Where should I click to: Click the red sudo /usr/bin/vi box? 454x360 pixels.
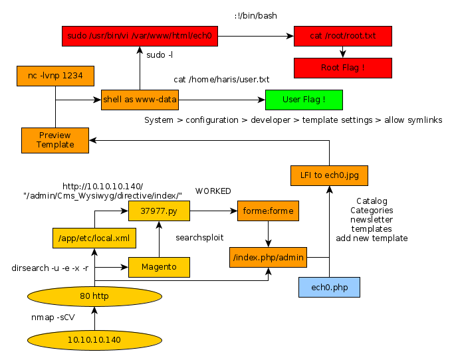click(140, 36)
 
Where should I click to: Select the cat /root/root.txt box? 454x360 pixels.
click(342, 36)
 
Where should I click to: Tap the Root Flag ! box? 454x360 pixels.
click(342, 68)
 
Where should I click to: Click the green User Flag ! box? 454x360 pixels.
click(304, 100)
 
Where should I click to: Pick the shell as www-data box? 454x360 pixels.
click(140, 100)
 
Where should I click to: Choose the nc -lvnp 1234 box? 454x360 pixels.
click(55, 76)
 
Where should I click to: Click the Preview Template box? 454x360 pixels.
click(55, 139)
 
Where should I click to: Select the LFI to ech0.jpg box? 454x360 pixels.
click(329, 175)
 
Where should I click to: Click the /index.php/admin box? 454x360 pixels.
click(268, 256)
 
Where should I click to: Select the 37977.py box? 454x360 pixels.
click(159, 211)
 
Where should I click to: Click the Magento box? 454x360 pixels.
click(159, 267)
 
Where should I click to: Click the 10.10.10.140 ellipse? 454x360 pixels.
click(94, 339)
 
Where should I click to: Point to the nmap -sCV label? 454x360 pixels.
click(53, 317)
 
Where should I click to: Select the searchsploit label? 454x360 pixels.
click(199, 237)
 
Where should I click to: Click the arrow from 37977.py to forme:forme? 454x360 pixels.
click(213, 211)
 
